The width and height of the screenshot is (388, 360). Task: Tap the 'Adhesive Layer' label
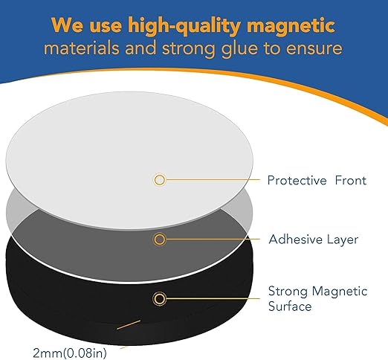(303, 240)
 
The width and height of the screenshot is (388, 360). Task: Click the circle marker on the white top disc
(159, 180)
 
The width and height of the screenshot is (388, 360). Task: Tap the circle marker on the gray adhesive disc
(159, 240)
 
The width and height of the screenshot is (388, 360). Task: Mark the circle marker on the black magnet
(159, 299)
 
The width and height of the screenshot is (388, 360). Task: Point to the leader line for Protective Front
(212, 180)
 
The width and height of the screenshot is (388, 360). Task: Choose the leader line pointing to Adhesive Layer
(212, 240)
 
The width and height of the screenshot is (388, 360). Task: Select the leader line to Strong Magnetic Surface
(212, 299)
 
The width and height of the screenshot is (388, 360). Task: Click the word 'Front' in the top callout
(340, 180)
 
